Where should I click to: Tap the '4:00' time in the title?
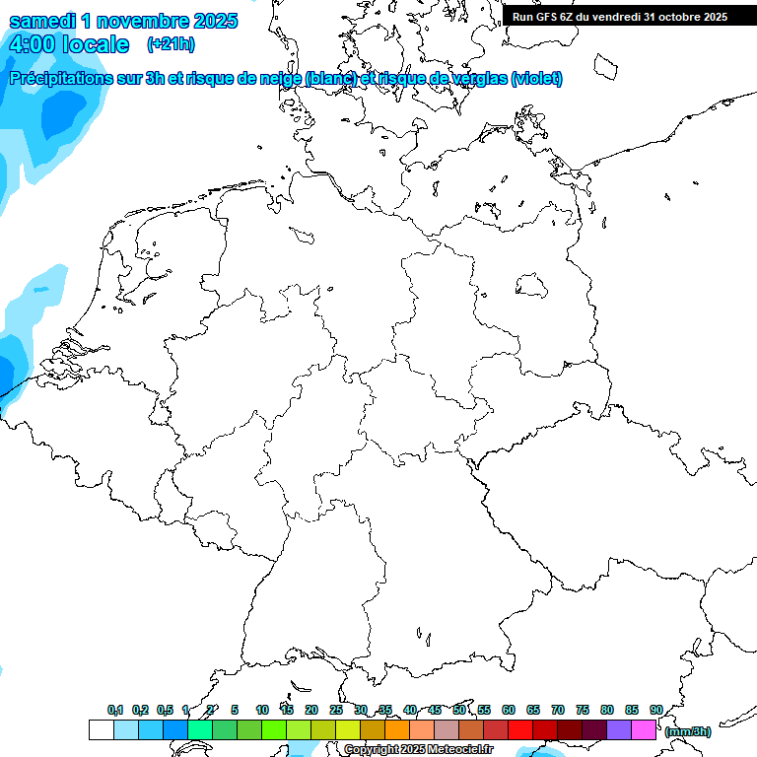tap(32, 45)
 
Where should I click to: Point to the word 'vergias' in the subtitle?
tap(476, 79)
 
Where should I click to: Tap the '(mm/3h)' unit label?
tap(687, 731)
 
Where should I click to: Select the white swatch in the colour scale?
tap(101, 729)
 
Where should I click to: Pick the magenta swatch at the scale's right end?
tap(644, 729)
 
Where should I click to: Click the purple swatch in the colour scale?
tap(619, 729)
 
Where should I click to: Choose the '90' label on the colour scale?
tap(655, 710)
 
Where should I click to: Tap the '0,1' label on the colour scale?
tap(114, 710)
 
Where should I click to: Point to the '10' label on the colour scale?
tap(262, 710)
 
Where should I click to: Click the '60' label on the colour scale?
tap(509, 710)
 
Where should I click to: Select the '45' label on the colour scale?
tap(435, 710)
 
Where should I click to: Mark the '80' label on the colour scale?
tap(607, 710)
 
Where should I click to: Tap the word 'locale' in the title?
tap(96, 45)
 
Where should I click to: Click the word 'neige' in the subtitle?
tap(279, 79)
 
